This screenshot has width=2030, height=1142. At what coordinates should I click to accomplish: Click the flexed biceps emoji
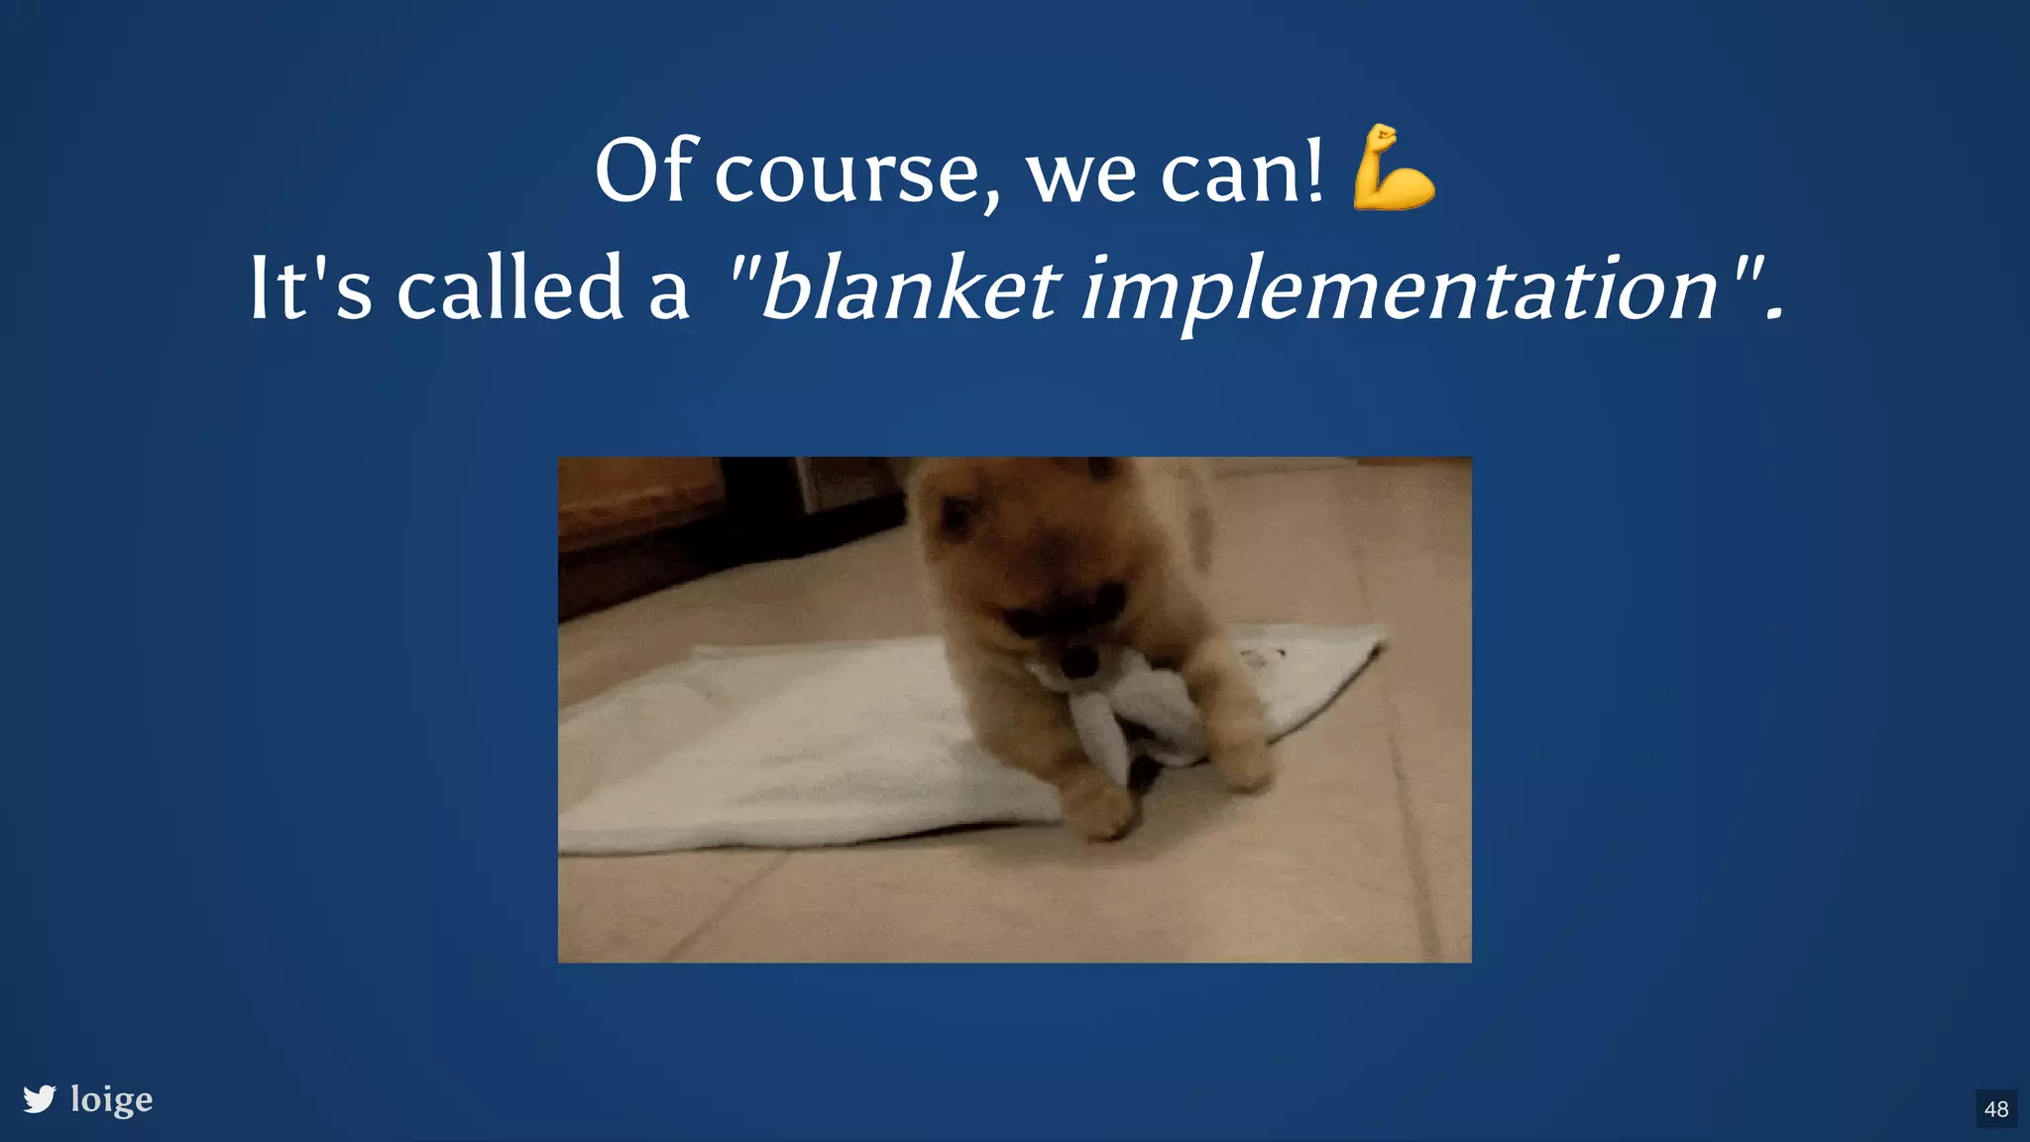(1393, 168)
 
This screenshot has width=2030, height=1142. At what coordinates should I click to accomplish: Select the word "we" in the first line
(1080, 176)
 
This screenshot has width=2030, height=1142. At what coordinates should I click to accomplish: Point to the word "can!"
(1241, 171)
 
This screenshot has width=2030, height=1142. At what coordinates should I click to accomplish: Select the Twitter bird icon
(40, 1098)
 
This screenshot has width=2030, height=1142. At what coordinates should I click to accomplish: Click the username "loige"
(111, 1099)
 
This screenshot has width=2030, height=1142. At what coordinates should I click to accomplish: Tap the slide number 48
(1996, 1108)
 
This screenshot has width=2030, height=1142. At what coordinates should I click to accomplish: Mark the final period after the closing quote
(1774, 315)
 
